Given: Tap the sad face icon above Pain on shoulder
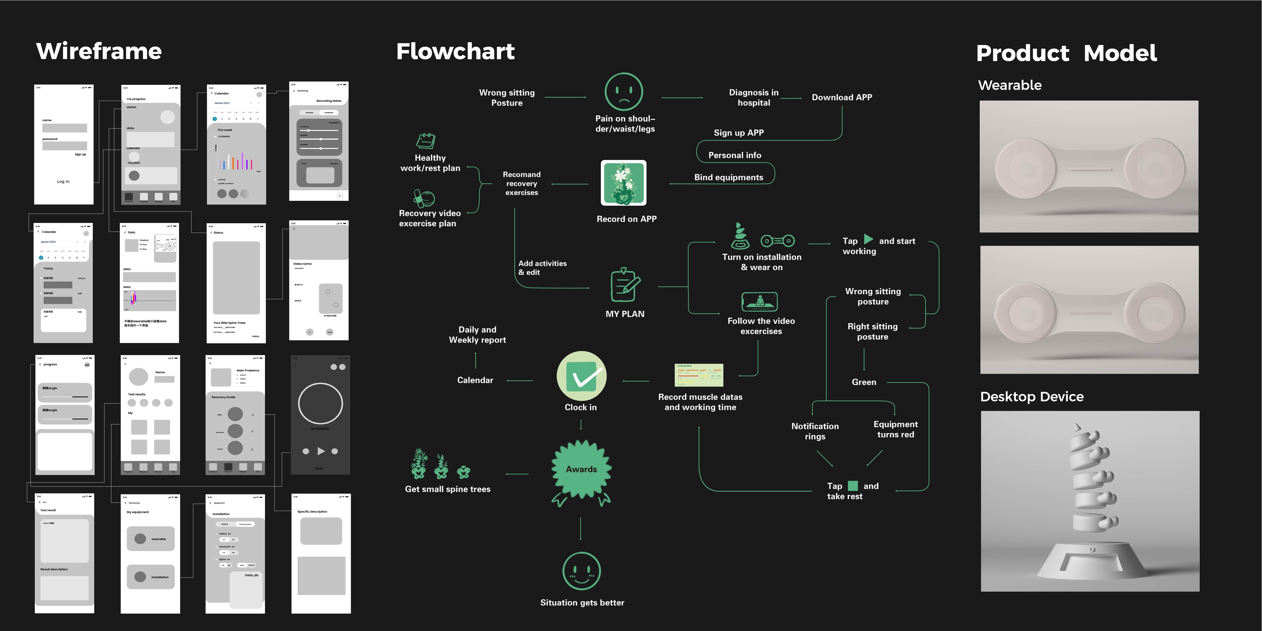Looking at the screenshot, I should (624, 92).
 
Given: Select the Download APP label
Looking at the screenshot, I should (842, 97).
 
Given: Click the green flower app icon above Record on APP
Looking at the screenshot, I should (624, 183).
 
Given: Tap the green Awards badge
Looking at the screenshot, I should (581, 469).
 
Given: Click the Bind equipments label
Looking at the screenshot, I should (728, 177).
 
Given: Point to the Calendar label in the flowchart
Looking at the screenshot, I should (475, 380).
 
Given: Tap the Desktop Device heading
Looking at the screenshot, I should (1032, 396).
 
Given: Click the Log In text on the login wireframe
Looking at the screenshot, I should (63, 181).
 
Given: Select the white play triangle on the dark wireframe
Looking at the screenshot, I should (321, 451).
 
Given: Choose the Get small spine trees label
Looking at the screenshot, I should (447, 489).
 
